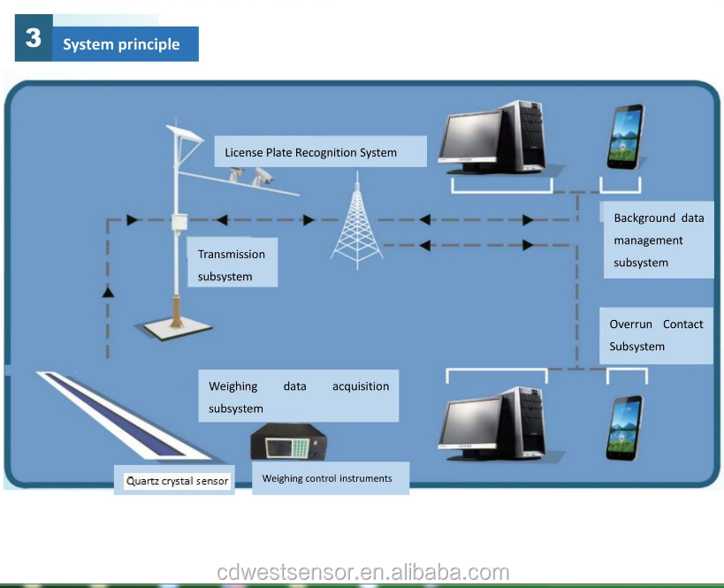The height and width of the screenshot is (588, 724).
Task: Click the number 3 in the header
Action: [x=34, y=39]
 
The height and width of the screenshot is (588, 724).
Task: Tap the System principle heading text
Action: [x=121, y=44]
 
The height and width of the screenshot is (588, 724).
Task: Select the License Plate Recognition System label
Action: [x=310, y=152]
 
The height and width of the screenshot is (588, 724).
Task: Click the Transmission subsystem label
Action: [x=232, y=264]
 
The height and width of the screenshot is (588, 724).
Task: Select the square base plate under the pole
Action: [x=174, y=327]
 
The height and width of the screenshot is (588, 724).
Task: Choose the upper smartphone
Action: [x=625, y=137]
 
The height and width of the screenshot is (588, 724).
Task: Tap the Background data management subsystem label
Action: [x=658, y=240]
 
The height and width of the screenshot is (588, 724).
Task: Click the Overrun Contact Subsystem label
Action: [x=655, y=335]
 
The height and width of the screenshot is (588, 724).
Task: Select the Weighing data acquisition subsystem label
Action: [x=298, y=397]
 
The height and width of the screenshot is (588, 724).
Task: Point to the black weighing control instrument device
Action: [x=290, y=441]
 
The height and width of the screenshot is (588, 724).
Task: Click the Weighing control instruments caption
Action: [x=327, y=478]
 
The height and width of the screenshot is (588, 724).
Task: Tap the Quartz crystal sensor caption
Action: [x=177, y=482]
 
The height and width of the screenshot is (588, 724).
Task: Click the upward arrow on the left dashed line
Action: [x=109, y=292]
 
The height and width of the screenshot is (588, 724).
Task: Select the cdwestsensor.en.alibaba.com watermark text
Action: [x=362, y=573]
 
